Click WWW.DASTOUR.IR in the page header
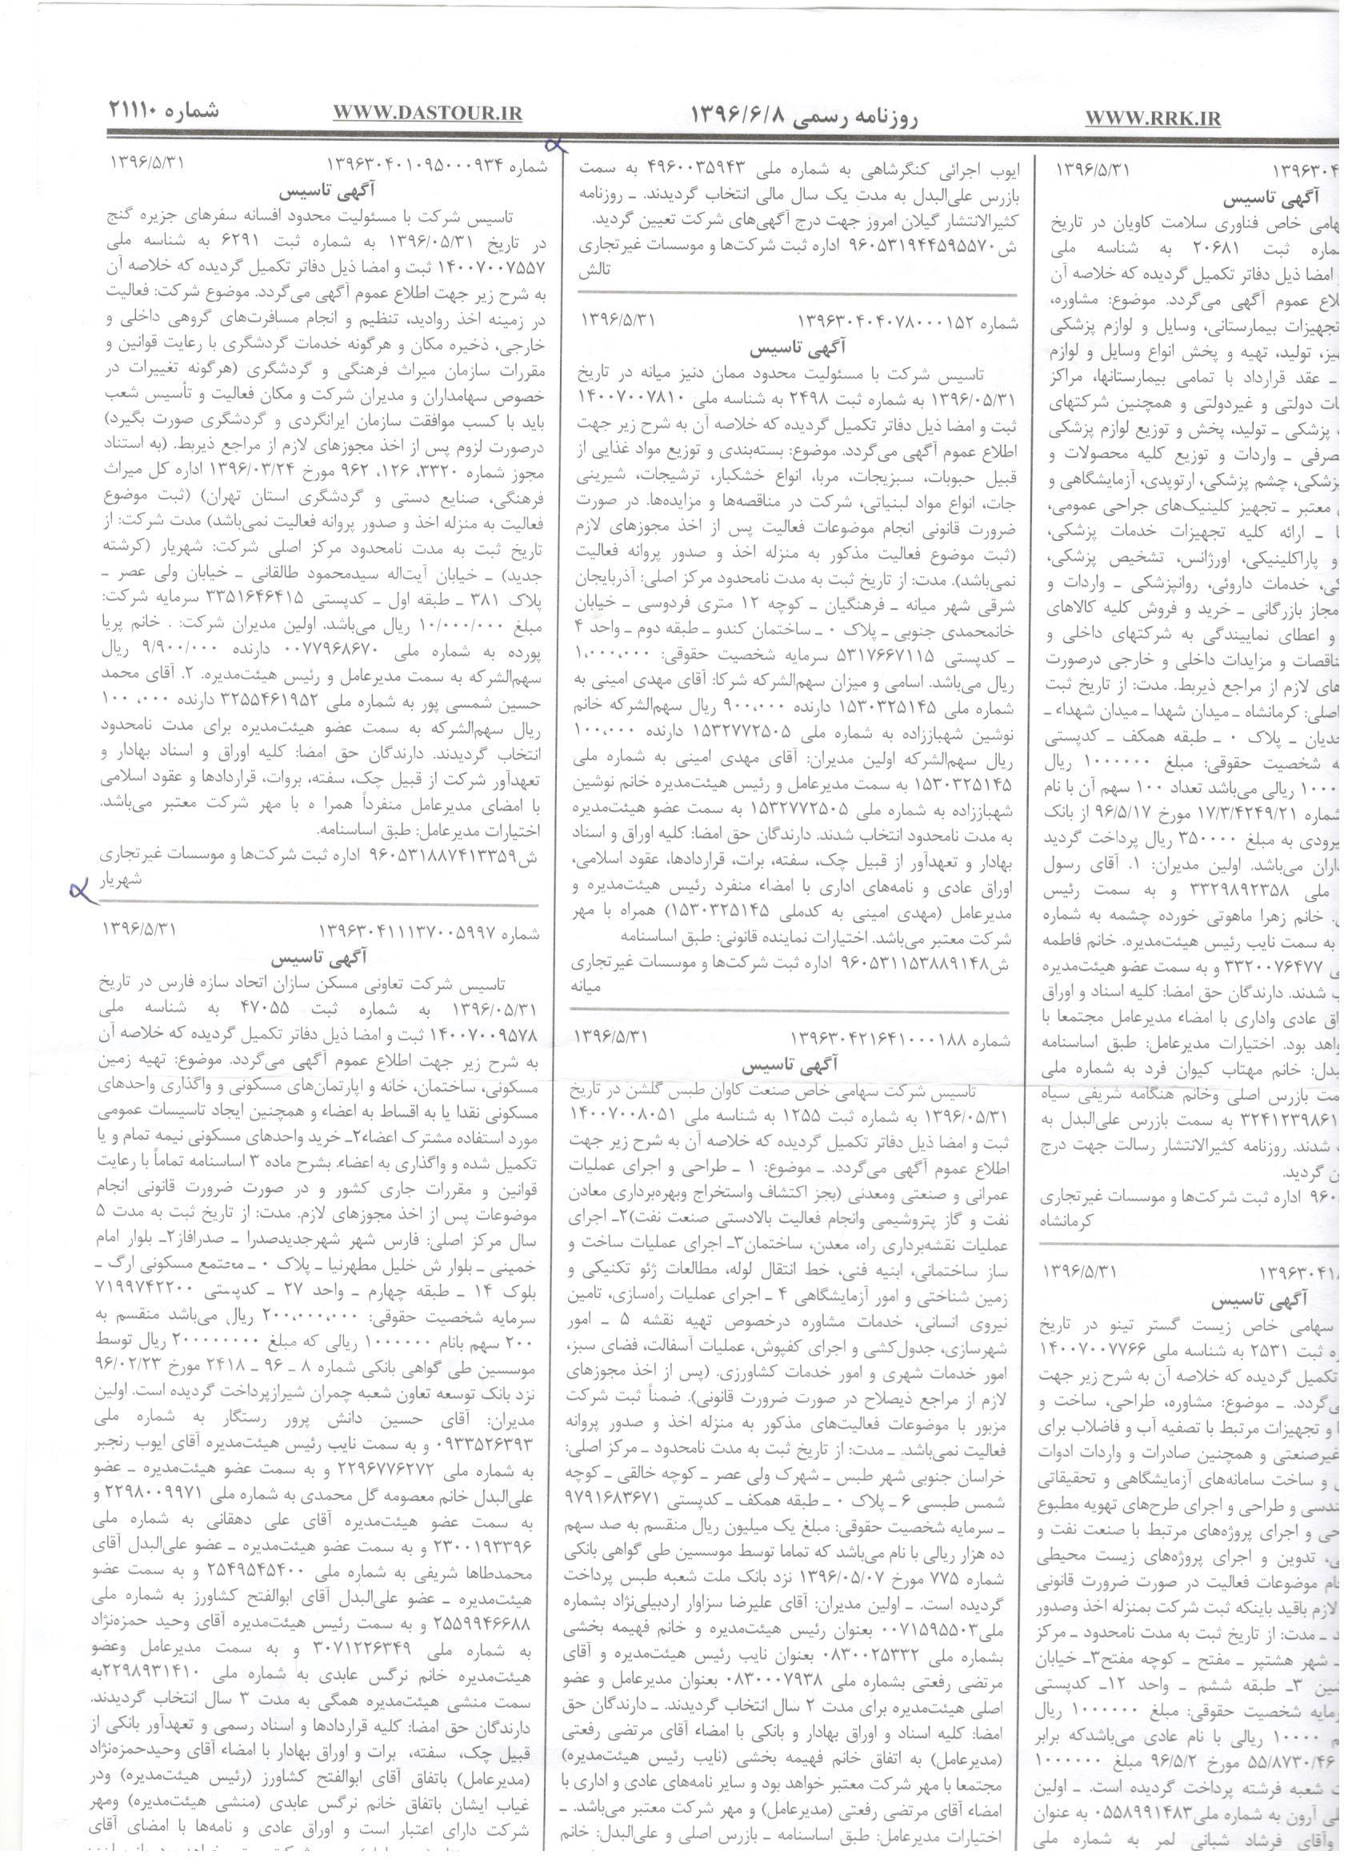[x=427, y=114]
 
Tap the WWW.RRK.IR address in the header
[x=1152, y=118]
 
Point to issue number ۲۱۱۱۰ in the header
[x=163, y=110]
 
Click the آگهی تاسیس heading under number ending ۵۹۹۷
[x=322, y=960]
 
